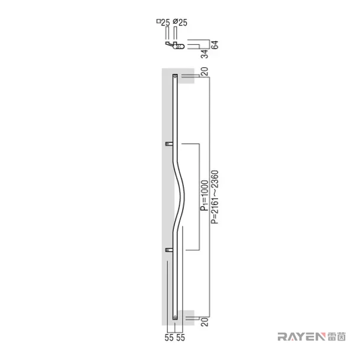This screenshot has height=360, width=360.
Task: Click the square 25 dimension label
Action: pyautogui.click(x=163, y=22)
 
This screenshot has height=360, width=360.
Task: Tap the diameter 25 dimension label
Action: pyautogui.click(x=180, y=22)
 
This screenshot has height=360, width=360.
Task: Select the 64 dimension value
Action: pyautogui.click(x=215, y=44)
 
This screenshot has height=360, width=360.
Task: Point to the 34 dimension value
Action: pyautogui.click(x=205, y=54)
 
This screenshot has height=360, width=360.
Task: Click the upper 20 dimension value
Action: pyautogui.click(x=205, y=72)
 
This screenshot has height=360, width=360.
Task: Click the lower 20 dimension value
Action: pyautogui.click(x=205, y=322)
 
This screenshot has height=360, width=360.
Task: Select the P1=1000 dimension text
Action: pyautogui.click(x=205, y=196)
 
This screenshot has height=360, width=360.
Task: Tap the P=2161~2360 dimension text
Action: pyautogui.click(x=215, y=197)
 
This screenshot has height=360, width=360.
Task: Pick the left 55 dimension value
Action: pyautogui.click(x=169, y=338)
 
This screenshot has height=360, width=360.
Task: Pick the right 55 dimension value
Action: pyautogui.click(x=180, y=338)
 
